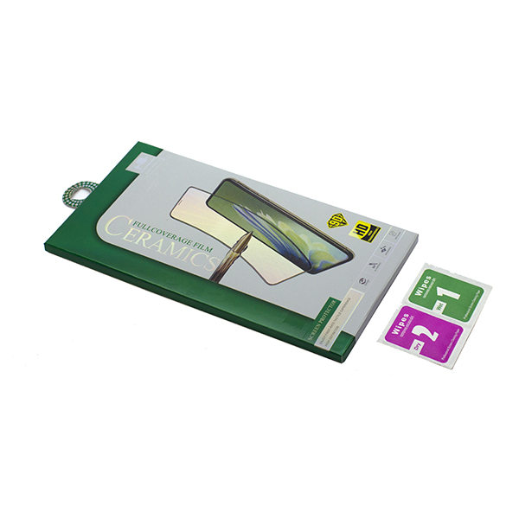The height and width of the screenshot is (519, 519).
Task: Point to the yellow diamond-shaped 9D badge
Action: pyautogui.click(x=340, y=220)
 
